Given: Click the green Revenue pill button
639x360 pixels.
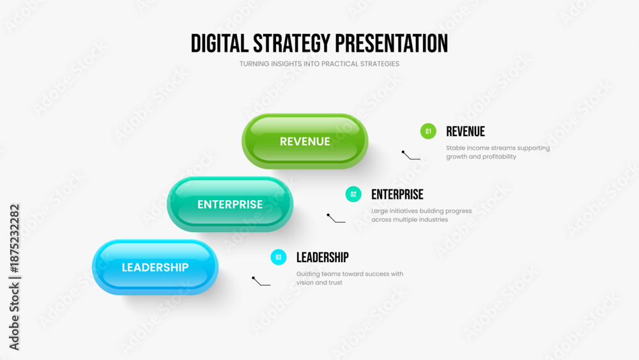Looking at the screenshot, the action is click(x=305, y=141).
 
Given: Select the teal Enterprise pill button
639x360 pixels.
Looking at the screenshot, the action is click(x=230, y=204).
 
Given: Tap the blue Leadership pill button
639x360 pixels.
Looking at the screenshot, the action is click(x=155, y=267).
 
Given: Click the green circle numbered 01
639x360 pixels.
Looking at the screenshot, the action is click(x=428, y=131).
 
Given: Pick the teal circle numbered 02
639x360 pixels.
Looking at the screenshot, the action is click(x=353, y=194).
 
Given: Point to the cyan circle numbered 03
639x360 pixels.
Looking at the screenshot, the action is click(x=279, y=257).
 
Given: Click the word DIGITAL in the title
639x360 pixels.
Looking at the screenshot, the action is click(x=219, y=43).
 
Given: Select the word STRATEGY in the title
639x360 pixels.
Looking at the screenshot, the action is click(x=291, y=43).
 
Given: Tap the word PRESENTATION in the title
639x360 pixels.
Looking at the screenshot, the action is click(x=391, y=43).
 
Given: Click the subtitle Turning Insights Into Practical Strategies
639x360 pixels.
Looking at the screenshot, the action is click(x=319, y=64).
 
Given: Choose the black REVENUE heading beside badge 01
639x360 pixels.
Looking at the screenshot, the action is click(x=465, y=132).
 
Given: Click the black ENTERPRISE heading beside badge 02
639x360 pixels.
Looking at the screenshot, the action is click(x=397, y=194).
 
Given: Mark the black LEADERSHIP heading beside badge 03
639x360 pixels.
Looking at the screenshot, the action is click(x=322, y=258).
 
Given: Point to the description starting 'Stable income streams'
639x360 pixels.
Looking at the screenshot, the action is click(x=498, y=152).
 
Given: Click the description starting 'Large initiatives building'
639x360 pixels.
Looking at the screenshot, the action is click(x=421, y=215).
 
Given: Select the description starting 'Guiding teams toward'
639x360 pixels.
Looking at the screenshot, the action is click(x=350, y=278).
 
